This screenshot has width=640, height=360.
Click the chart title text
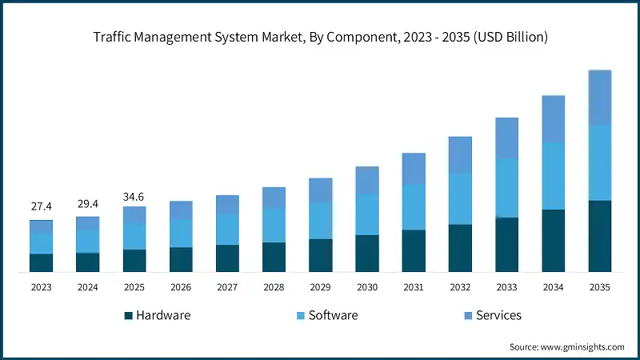(x=320, y=37)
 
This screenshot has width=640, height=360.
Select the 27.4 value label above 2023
(x=42, y=207)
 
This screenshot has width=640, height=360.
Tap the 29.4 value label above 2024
(x=88, y=204)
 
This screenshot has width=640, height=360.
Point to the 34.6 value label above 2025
(x=134, y=195)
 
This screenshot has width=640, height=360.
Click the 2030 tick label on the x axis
(x=366, y=286)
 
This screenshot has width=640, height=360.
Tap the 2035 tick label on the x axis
(x=599, y=286)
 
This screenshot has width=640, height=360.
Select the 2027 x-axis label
(x=227, y=286)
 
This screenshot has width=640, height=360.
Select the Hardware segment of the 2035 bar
(x=599, y=236)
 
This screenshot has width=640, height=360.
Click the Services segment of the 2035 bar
(x=599, y=97)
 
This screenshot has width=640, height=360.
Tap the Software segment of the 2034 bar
(x=553, y=176)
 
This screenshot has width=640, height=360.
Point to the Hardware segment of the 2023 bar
(x=42, y=262)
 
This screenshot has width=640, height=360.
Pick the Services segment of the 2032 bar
(x=460, y=154)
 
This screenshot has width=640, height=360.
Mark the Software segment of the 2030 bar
(x=366, y=214)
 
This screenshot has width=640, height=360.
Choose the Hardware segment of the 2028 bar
(x=274, y=257)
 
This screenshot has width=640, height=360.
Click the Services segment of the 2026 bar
(x=181, y=210)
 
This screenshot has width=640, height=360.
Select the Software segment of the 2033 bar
(x=506, y=188)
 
